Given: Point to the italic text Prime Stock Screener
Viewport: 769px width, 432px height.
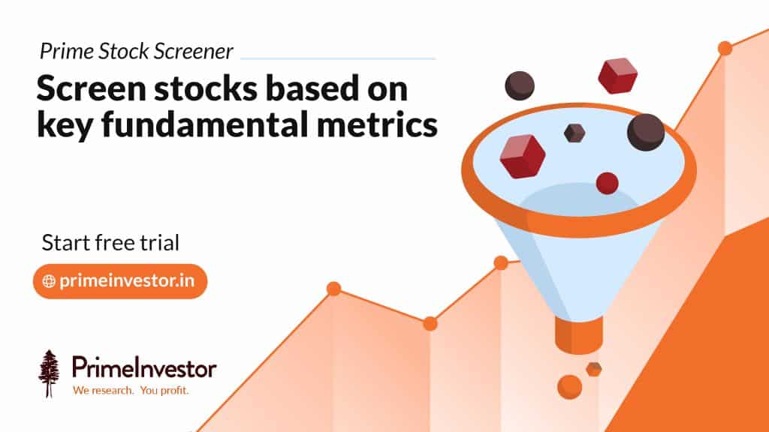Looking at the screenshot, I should (137, 52).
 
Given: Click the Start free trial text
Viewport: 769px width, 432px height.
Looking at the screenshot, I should (110, 243).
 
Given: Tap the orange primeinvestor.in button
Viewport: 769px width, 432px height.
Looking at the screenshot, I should (120, 281).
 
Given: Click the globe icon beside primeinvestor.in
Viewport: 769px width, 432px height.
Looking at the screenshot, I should (50, 281).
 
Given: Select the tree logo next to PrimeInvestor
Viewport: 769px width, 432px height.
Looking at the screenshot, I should (50, 373).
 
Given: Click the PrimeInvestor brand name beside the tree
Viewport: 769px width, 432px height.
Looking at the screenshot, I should (144, 368).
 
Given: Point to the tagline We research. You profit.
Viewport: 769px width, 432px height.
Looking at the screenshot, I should (130, 391).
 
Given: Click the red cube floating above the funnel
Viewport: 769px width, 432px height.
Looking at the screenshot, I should (617, 75).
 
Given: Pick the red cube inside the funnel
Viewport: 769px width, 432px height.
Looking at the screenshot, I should (522, 156).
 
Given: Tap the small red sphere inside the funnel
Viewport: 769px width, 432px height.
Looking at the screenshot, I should (607, 183).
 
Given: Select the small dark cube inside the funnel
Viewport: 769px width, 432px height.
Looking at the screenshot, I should (574, 133).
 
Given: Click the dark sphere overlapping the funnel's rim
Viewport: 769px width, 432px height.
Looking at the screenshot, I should (646, 132).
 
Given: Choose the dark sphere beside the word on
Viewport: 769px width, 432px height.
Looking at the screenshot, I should (519, 85).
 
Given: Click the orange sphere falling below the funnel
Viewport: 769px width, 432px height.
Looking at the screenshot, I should (569, 386).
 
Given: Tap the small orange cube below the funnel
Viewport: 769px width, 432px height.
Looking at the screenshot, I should (593, 368).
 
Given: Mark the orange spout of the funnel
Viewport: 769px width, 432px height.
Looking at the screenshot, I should (574, 333).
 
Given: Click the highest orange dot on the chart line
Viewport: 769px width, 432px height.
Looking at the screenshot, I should (725, 48).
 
